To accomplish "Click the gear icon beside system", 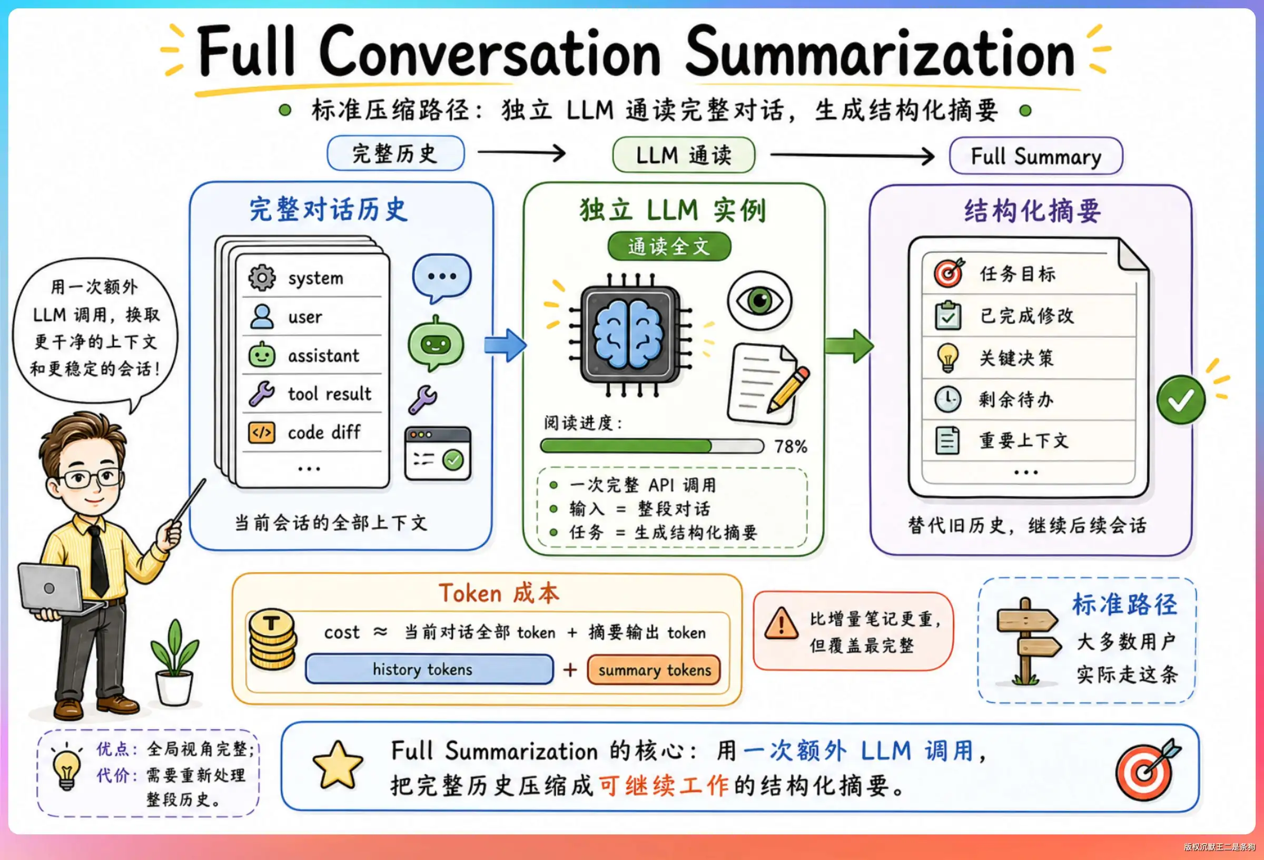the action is coord(262,278).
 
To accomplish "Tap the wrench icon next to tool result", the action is coord(262,394).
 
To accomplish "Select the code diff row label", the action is coord(324,432).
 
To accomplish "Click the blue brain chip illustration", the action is coord(629,334).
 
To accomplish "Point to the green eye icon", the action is coord(759,300).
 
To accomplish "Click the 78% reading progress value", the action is coord(791,446).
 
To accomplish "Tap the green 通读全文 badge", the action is coord(669,247).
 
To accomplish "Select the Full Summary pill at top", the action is coord(1035,156).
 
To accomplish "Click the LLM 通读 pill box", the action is coord(684,155).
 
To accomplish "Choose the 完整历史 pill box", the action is coord(396,153).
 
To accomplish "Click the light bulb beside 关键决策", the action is coord(947,358).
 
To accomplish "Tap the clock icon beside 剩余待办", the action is coord(947,399).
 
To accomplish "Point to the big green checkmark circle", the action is coord(1181,400).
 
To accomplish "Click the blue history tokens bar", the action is coord(429,669).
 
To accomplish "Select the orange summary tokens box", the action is coord(654,670).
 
